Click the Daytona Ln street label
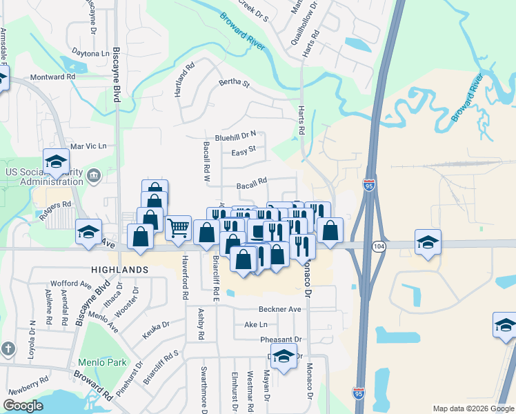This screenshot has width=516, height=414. pos(91,53)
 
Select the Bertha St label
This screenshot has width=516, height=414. pos(234,83)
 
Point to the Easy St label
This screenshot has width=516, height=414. pos(244,151)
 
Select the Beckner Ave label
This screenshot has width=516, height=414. pos(280,309)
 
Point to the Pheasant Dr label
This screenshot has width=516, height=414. pos(281,339)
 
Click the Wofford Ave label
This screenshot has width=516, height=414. pos(70,284)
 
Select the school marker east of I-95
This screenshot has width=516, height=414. pos(428,242)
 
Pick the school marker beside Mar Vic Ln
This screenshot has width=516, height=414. pos(56,161)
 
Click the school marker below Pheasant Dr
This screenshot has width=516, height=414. pos(283,356)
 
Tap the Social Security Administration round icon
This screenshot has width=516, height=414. pos(94,177)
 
